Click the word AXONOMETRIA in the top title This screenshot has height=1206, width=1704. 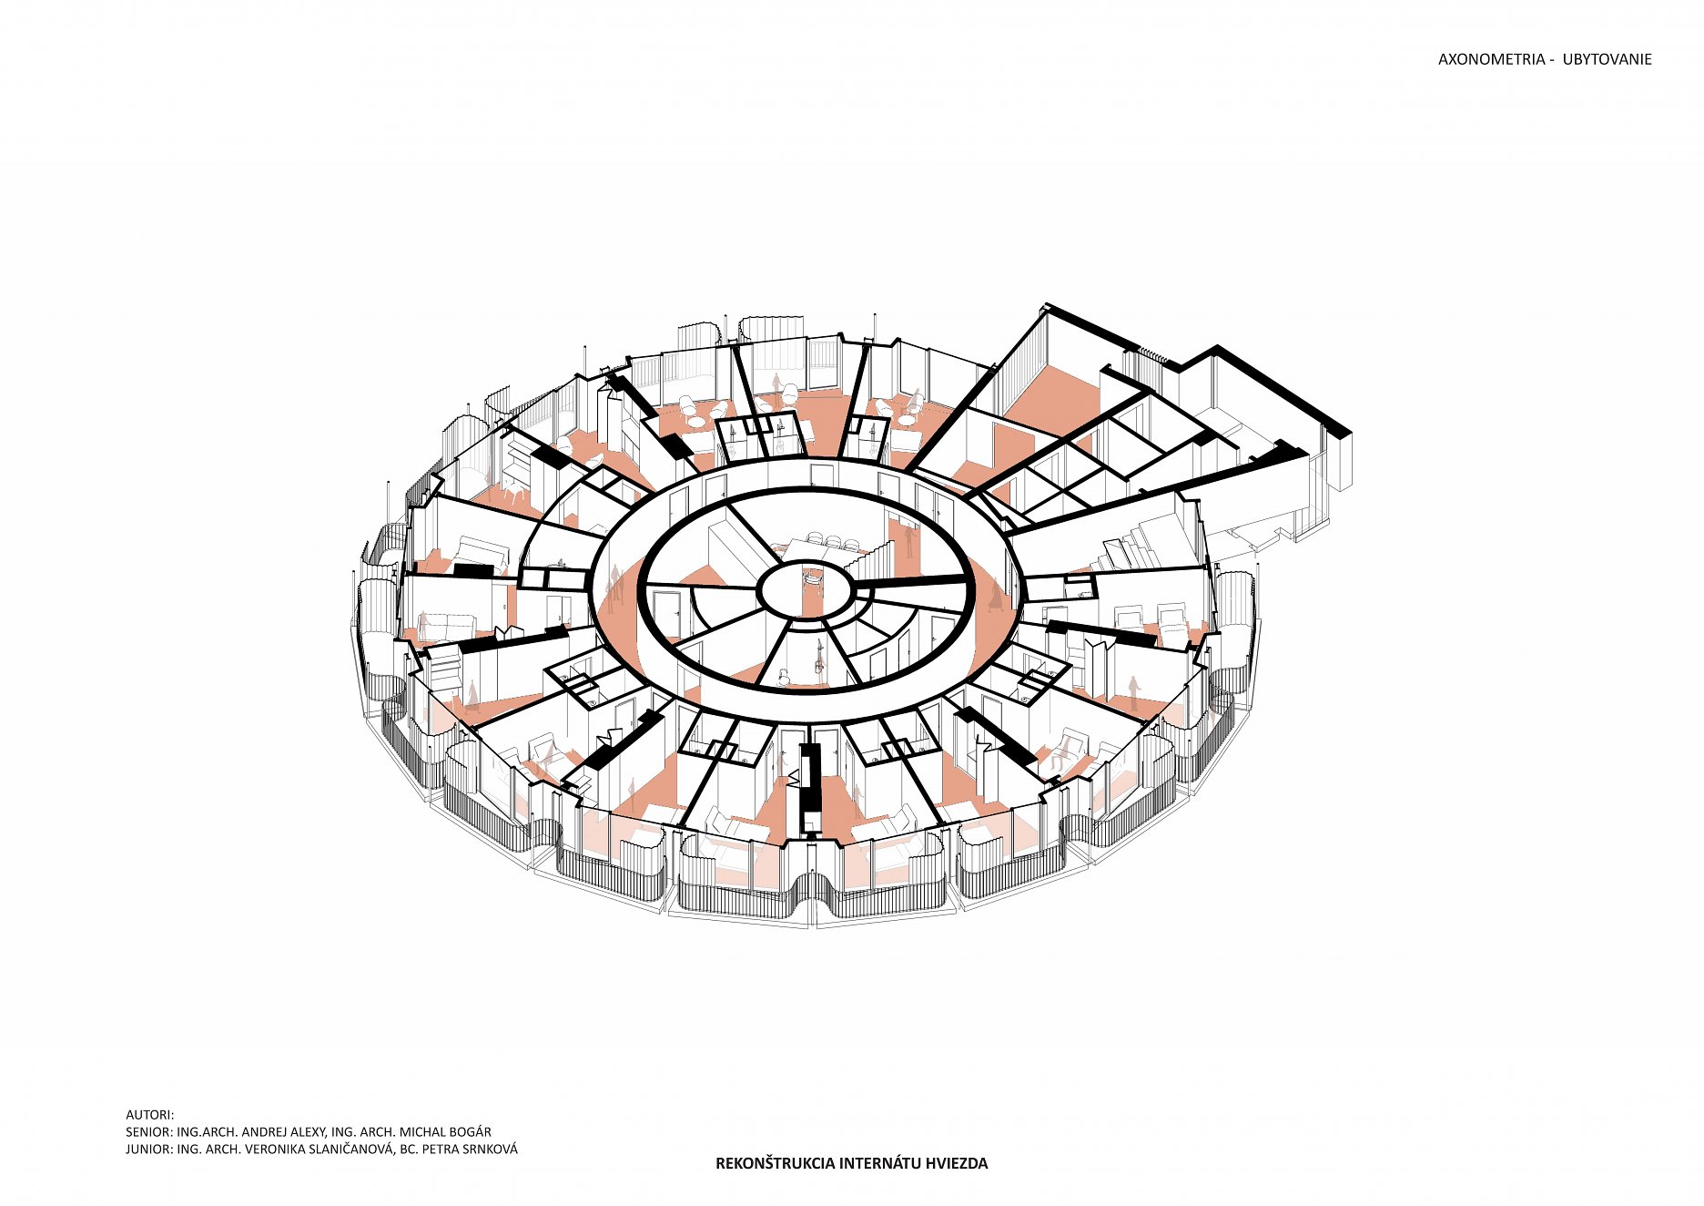point(1491,59)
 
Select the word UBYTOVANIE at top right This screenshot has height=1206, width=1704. point(1607,59)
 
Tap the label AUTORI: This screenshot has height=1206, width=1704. point(149,1115)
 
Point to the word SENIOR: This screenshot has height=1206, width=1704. point(149,1132)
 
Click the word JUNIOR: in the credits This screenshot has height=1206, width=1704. point(149,1150)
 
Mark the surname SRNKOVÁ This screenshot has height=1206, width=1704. point(489,1150)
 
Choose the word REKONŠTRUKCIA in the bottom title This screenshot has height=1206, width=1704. point(775,1163)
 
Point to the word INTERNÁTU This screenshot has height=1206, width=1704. point(879,1163)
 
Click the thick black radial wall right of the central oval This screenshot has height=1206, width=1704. point(909,581)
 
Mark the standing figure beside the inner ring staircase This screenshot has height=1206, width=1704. point(908,542)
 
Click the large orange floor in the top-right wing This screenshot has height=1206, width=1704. point(1056,401)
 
